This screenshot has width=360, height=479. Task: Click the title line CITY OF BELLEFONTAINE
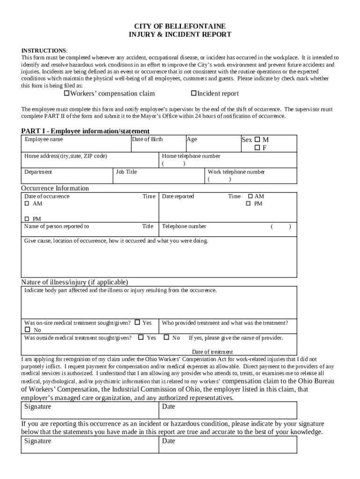(x=180, y=26)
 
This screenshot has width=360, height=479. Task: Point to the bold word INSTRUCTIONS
(x=43, y=51)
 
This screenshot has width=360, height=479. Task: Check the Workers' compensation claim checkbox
(x=66, y=93)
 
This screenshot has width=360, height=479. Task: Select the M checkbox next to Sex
(x=257, y=139)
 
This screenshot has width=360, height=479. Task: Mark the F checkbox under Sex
(x=257, y=148)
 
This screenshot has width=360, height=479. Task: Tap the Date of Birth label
(x=147, y=139)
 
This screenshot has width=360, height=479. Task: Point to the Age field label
(x=192, y=139)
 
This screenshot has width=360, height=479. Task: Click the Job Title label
(x=126, y=172)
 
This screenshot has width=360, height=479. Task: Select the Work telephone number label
(x=237, y=172)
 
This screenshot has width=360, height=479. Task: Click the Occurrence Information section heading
(x=55, y=188)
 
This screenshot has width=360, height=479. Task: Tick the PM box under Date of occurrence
(x=27, y=219)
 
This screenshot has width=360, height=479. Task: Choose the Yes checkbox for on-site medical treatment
(x=137, y=322)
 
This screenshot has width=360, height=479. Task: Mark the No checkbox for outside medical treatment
(x=166, y=337)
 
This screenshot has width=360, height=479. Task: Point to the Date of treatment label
(x=212, y=352)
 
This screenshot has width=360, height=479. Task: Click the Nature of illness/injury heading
(x=74, y=282)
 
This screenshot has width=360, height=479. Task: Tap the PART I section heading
(x=85, y=131)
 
